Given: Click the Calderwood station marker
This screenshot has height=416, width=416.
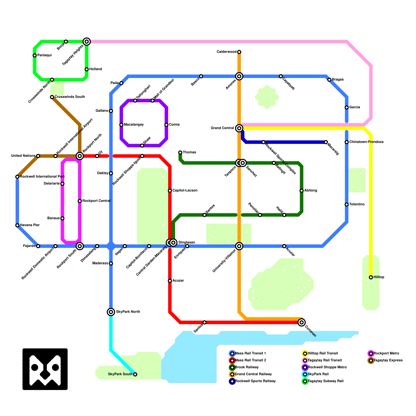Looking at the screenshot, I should click(x=239, y=52).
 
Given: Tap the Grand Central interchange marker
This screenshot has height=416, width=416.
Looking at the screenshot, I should click(x=239, y=128).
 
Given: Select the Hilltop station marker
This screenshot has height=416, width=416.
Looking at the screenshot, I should click(x=371, y=277).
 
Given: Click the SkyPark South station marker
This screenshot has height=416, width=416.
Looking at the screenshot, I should click(x=135, y=374).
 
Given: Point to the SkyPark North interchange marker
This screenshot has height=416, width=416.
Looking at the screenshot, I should click(x=111, y=312).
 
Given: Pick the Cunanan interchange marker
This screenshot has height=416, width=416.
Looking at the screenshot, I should click(x=302, y=322).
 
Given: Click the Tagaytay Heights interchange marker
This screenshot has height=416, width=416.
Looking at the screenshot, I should click(x=87, y=42).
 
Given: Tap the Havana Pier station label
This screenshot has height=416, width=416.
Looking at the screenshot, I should click(x=30, y=225).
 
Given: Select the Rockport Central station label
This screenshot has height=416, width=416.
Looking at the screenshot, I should click(x=96, y=201).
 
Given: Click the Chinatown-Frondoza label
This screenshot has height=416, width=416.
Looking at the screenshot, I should click(x=366, y=142).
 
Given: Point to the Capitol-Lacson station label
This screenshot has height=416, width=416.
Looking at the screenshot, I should click(x=185, y=191).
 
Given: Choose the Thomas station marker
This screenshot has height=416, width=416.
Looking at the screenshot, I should click(x=180, y=152).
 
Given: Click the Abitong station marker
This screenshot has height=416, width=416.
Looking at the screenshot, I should click(x=302, y=191).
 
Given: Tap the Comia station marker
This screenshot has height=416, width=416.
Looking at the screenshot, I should click(x=166, y=125).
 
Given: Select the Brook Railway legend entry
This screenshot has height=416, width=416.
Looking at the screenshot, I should click(x=246, y=367).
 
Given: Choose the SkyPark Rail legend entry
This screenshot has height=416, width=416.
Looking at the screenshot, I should click(x=318, y=374).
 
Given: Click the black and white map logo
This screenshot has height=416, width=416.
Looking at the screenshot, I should click(x=45, y=369).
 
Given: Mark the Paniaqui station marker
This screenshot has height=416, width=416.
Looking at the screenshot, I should click(x=35, y=55).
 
